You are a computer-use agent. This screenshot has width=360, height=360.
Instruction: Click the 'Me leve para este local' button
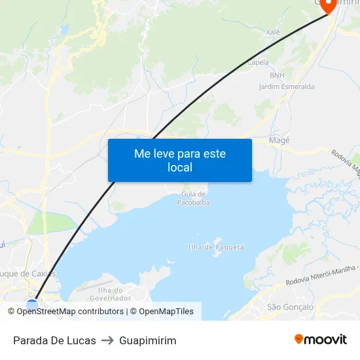click(x=180, y=160)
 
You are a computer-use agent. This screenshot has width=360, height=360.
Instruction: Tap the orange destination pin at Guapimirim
click(x=327, y=5)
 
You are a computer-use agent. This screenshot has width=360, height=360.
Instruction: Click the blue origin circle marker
click(x=32, y=305)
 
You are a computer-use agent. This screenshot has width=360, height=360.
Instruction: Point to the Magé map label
click(x=279, y=140)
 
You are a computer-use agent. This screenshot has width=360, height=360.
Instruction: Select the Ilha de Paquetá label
click(x=216, y=247)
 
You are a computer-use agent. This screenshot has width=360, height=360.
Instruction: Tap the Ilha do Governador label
click(x=110, y=294)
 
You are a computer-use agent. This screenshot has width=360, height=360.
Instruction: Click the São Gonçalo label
click(x=291, y=307)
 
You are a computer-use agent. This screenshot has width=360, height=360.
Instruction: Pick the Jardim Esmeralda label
click(x=286, y=86)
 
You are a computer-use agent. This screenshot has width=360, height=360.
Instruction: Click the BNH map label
click(x=277, y=75)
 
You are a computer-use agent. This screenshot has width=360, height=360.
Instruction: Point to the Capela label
click(x=258, y=63)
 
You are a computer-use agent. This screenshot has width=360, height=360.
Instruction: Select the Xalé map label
click(x=273, y=31)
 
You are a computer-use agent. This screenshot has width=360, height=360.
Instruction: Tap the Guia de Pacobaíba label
click(x=193, y=198)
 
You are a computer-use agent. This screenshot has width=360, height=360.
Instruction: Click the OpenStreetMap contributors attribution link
click(x=69, y=312)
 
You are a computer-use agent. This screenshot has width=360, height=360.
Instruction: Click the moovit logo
click(x=320, y=339)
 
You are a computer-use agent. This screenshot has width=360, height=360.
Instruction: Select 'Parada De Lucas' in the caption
click(x=54, y=340)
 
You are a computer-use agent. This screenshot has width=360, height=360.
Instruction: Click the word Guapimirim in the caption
click(x=147, y=340)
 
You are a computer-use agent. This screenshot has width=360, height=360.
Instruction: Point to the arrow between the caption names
click(x=107, y=340)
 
